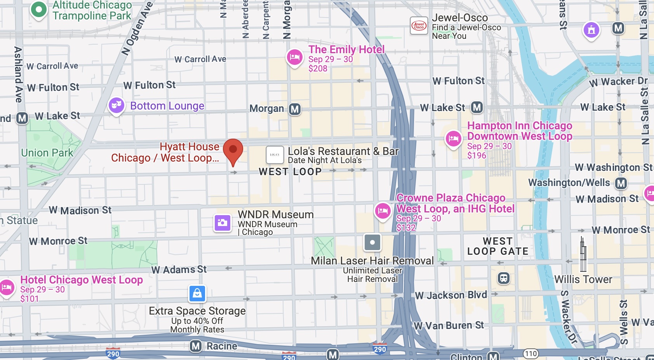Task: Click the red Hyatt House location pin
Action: tap(233, 151)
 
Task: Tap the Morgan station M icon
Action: tap(295, 109)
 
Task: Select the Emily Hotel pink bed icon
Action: tap(295, 57)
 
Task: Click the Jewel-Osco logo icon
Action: tap(419, 26)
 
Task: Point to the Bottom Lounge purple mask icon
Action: tap(117, 105)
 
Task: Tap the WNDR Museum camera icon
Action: tap(223, 223)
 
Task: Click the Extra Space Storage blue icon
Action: tap(197, 294)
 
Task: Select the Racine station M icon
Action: tap(196, 346)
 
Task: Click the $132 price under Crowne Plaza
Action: tap(406, 228)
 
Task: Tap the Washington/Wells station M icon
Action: tap(621, 183)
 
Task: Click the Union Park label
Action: tap(47, 153)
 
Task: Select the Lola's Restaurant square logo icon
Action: tap(275, 155)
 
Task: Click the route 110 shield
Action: tap(531, 353)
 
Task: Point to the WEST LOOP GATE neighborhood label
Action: tap(497, 246)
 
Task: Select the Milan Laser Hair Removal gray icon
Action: tap(372, 243)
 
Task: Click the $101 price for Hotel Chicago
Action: tap(30, 299)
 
